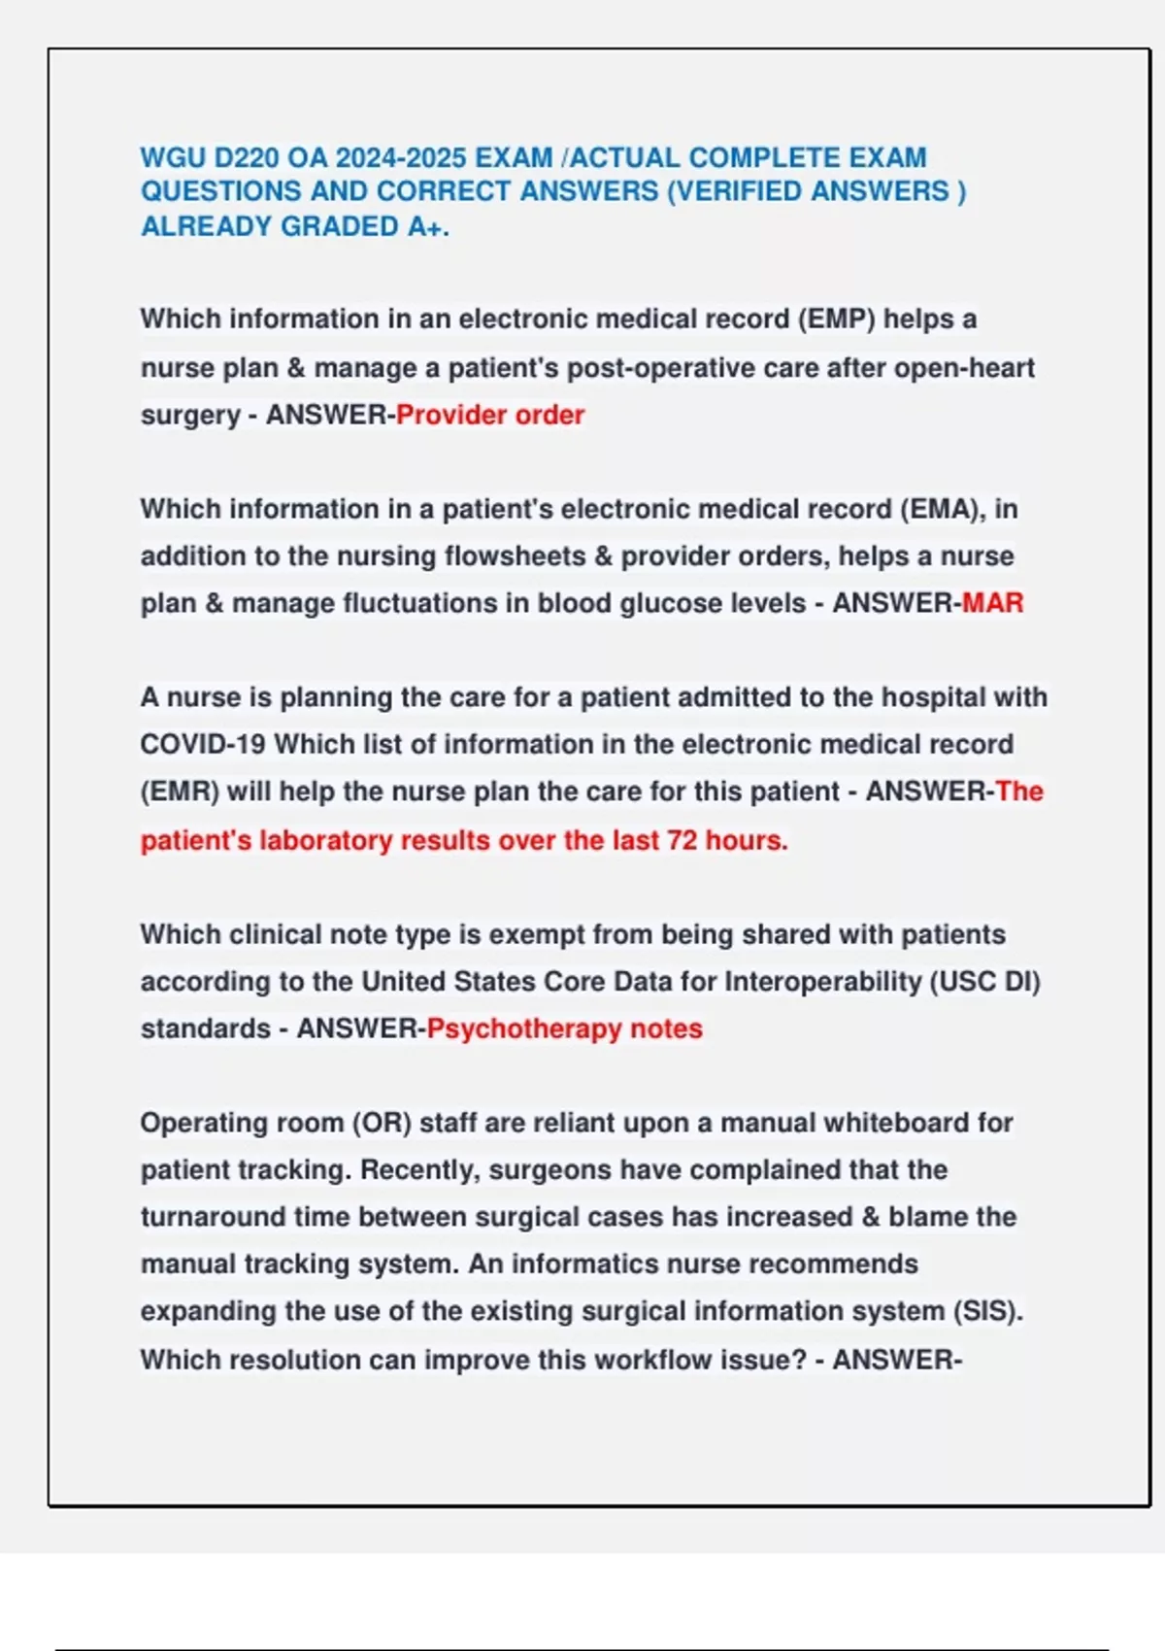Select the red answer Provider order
click(490, 415)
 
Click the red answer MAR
click(992, 603)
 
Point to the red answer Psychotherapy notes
click(564, 1028)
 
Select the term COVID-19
click(202, 744)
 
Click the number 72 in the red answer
click(682, 840)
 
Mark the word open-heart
click(964, 368)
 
